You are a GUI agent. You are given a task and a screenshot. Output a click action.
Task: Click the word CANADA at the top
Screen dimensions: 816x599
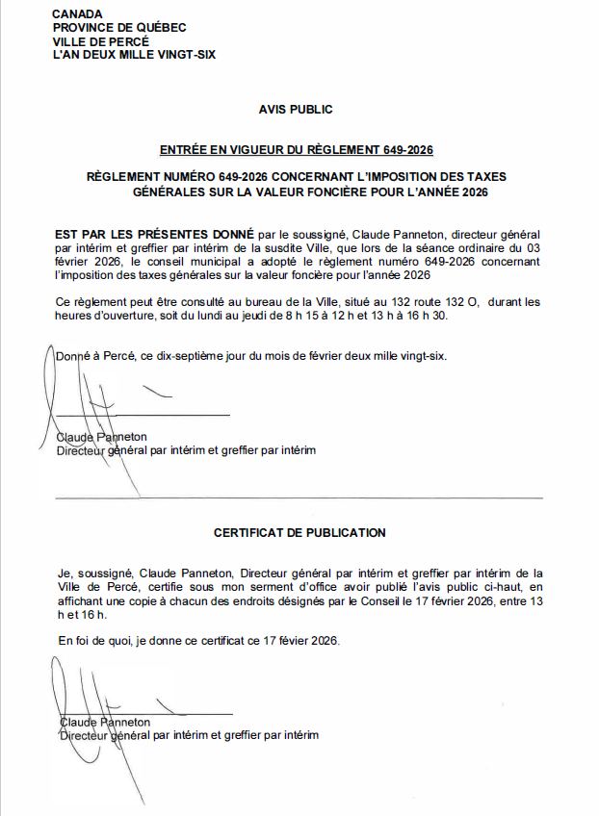tap(76, 14)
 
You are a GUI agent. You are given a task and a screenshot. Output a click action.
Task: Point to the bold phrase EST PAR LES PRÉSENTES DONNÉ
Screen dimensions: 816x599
tap(154, 234)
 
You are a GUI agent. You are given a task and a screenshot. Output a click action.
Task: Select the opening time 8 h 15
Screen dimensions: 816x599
tap(308, 317)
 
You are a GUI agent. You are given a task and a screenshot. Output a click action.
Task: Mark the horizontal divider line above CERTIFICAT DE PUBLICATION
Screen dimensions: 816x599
tap(299, 497)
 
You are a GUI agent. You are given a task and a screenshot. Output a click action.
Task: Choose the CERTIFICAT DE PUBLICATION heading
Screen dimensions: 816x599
tap(299, 532)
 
